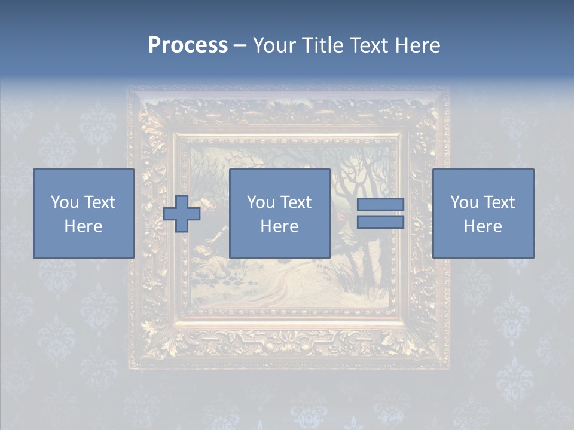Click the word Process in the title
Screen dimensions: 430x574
pyautogui.click(x=188, y=45)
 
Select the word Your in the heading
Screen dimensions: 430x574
pyautogui.click(x=275, y=45)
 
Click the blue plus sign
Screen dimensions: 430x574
pyautogui.click(x=182, y=214)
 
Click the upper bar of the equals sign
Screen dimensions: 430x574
pyautogui.click(x=380, y=205)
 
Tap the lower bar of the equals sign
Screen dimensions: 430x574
pyautogui.click(x=380, y=222)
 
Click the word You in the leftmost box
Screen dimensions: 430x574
pyautogui.click(x=65, y=202)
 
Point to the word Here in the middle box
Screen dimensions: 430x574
pyautogui.click(x=279, y=226)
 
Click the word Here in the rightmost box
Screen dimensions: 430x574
pyautogui.click(x=483, y=226)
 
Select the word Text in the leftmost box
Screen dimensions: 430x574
pyautogui.click(x=100, y=202)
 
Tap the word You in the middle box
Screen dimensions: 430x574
pyautogui.click(x=261, y=202)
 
